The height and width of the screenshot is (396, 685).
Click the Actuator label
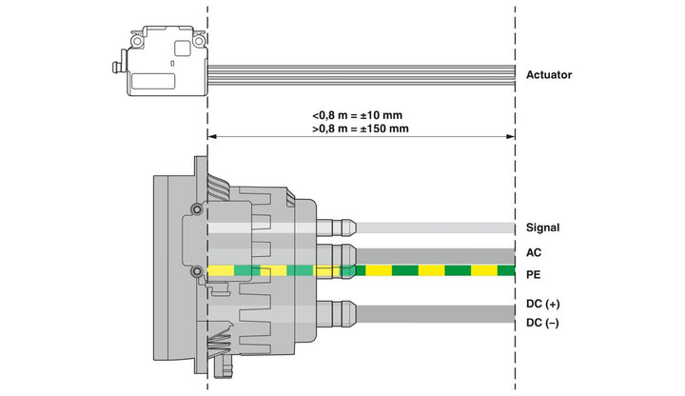tap(549, 75)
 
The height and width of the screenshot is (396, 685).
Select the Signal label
tap(542, 228)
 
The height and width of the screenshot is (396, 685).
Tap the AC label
tap(534, 252)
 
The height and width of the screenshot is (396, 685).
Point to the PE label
tap(533, 274)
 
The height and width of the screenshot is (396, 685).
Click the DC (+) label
tap(543, 304)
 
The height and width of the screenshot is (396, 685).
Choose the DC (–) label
tap(542, 323)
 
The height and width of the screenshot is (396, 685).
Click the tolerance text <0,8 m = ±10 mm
tap(358, 115)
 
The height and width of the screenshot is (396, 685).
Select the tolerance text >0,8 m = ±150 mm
tap(361, 129)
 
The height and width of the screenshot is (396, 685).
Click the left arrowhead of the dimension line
tap(212, 137)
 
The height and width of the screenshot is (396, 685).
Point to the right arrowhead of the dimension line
tap(510, 137)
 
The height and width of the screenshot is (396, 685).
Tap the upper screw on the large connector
tap(197, 209)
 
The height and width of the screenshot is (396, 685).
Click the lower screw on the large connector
tap(197, 272)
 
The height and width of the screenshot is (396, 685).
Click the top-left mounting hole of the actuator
tap(137, 41)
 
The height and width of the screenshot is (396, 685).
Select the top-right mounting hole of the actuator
tap(199, 41)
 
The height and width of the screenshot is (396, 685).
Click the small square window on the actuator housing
tap(182, 49)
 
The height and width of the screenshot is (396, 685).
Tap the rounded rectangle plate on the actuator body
tap(153, 81)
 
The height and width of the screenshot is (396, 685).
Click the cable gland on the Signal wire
tap(336, 228)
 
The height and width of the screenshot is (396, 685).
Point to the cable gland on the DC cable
tap(336, 314)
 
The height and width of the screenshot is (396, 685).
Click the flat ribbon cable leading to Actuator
tap(362, 75)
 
